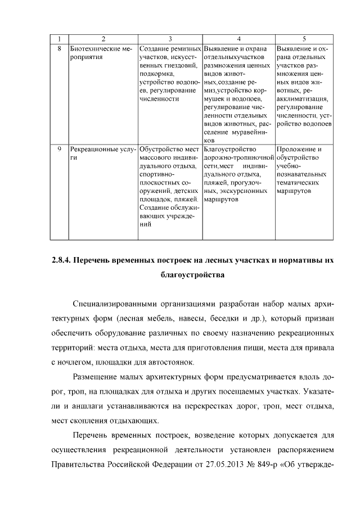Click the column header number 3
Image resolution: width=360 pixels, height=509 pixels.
click(170, 39)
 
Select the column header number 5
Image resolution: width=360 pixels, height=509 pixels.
click(304, 39)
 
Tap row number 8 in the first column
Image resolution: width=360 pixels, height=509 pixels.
click(60, 48)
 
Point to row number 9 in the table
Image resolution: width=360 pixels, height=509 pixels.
click(60, 150)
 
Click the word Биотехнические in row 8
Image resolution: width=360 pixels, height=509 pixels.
click(96, 48)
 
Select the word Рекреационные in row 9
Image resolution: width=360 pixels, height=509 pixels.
click(93, 150)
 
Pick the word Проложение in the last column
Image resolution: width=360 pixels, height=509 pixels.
click(296, 150)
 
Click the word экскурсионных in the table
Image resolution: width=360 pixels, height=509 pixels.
click(242, 191)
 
